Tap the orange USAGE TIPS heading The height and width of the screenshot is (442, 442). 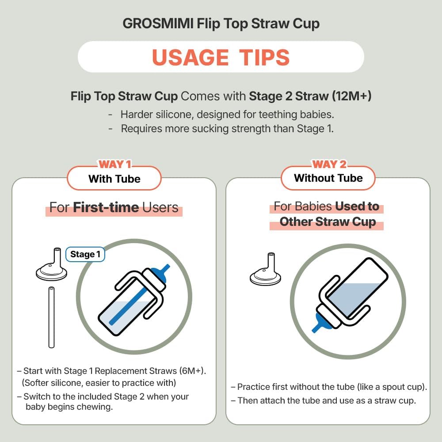click(221, 57)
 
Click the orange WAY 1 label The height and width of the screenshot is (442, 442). click(114, 164)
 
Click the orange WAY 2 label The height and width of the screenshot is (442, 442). click(329, 164)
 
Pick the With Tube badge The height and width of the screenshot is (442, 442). click(114, 179)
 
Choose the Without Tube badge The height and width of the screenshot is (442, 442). click(328, 178)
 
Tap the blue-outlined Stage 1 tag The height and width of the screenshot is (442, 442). click(85, 255)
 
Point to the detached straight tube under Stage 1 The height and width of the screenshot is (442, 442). click(51, 317)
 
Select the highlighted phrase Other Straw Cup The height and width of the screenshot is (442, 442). click(328, 222)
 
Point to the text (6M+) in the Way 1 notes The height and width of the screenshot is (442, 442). click(193, 371)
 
